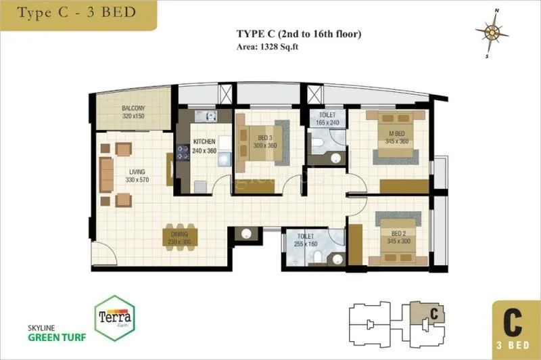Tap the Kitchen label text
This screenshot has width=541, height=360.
[x=204, y=141]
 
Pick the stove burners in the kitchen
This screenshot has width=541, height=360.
[x=183, y=152]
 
